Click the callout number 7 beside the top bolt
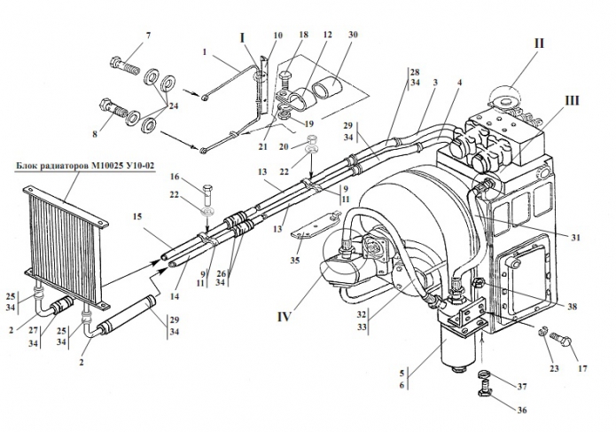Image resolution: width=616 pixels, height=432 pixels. click(148, 35)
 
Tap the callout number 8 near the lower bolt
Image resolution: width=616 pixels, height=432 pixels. click(95, 135)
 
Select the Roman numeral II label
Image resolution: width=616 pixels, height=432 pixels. click(539, 43)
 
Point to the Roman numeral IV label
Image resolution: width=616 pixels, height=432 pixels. click(284, 317)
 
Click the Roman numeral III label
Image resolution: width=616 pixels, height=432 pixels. click(572, 100)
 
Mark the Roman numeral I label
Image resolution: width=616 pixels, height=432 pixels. click(242, 38)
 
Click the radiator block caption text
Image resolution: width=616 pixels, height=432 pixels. click(85, 166)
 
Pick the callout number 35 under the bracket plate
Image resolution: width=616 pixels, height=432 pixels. click(295, 260)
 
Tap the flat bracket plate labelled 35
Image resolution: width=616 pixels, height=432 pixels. click(316, 225)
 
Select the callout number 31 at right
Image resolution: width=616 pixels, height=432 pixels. click(575, 238)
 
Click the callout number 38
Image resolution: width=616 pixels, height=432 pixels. click(572, 306)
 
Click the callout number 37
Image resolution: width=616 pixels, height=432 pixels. click(522, 387)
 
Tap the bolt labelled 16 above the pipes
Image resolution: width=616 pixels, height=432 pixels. click(208, 193)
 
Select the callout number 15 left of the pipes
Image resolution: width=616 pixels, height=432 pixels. click(137, 216)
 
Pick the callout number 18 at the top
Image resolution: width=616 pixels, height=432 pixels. click(303, 35)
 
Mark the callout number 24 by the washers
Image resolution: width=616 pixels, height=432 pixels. click(173, 106)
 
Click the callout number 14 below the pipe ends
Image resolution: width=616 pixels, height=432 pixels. click(175, 296)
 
